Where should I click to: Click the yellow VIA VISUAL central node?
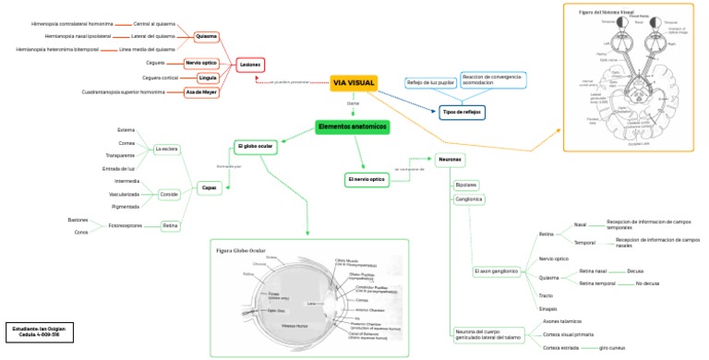pyautogui.click(x=354, y=83)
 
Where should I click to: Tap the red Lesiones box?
pyautogui.click(x=250, y=65)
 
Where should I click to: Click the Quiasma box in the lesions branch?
pyautogui.click(x=207, y=37)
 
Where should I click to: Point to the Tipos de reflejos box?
pyautogui.click(x=462, y=111)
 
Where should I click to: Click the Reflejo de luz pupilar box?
pyautogui.click(x=431, y=82)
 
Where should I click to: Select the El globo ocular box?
pyautogui.click(x=256, y=146)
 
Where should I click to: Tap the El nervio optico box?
pyautogui.click(x=366, y=178)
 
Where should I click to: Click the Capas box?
pyautogui.click(x=209, y=188)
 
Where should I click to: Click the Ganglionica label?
pyautogui.click(x=470, y=198)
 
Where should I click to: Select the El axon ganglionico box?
pyautogui.click(x=496, y=271)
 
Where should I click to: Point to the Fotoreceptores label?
pyautogui.click(x=126, y=225)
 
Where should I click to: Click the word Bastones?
pyautogui.click(x=78, y=220)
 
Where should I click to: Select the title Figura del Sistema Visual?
pyautogui.click(x=607, y=12)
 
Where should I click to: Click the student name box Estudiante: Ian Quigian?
pyautogui.click(x=38, y=330)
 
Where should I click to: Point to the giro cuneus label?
pyautogui.click(x=612, y=347)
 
